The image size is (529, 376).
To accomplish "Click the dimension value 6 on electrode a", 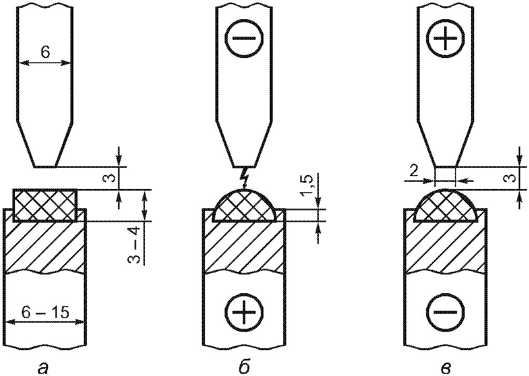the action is [46, 53].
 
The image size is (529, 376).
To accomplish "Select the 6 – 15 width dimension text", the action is [46, 313].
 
